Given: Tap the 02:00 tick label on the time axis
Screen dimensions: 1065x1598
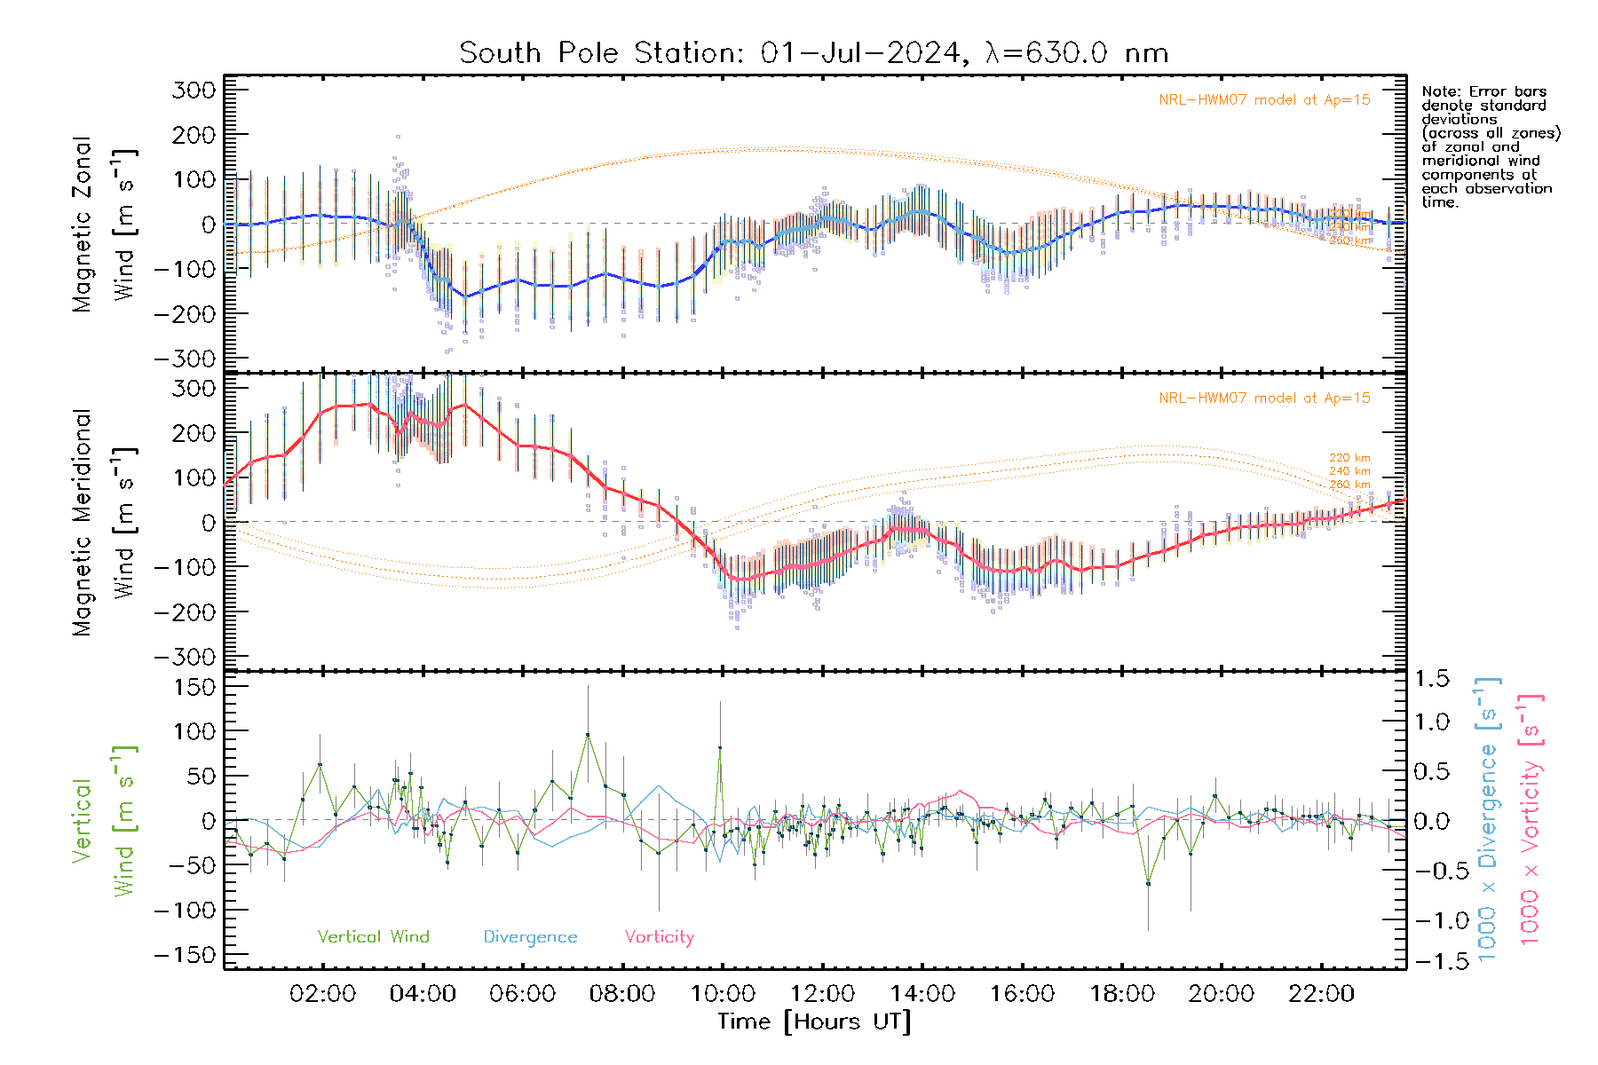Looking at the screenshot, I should tap(322, 994).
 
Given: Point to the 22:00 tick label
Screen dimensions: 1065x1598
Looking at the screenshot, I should tap(1321, 994).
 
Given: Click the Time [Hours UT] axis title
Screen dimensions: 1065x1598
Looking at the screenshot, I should tap(814, 1022).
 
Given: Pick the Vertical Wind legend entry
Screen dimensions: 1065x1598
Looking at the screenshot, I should tap(373, 937).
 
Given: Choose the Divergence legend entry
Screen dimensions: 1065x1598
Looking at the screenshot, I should tap(530, 937).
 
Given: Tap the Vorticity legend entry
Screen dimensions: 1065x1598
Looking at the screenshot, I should tap(659, 937).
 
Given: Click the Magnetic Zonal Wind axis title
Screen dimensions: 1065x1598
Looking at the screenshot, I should tap(105, 225).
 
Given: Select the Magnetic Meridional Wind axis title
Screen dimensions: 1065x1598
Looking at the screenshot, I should tap(105, 523).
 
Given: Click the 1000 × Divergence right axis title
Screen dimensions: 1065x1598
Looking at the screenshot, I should tap(1488, 819).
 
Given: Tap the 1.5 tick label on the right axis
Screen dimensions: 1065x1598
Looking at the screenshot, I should tap(1432, 679).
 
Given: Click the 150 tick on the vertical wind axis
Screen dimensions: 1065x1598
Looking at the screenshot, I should tap(196, 687).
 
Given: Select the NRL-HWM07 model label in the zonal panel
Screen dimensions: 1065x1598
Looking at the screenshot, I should tap(1263, 100).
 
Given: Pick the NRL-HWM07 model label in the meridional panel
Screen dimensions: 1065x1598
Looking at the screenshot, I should tap(1263, 398).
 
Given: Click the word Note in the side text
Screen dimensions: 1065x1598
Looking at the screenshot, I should tap(1439, 91).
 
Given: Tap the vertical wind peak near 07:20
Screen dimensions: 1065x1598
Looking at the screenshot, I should tap(587, 735).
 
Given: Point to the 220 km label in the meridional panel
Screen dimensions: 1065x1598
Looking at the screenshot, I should tap(1349, 458).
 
